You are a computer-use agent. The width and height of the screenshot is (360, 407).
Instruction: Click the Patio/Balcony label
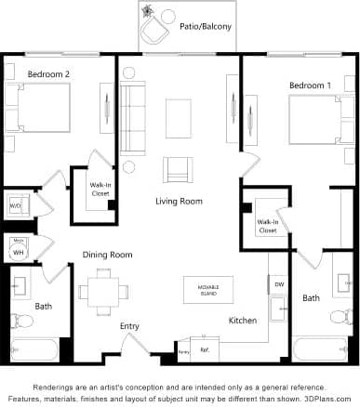[x=205, y=28]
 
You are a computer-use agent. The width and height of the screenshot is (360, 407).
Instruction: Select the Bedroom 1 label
[x=310, y=85]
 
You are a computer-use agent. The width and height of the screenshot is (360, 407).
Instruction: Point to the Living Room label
[x=179, y=201]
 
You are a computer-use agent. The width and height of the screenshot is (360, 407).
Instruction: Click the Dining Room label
[x=108, y=255]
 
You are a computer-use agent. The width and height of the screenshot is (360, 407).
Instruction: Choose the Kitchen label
[x=243, y=321]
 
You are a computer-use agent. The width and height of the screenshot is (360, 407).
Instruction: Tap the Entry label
[x=129, y=326]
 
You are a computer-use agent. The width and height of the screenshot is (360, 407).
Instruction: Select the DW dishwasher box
[x=279, y=283]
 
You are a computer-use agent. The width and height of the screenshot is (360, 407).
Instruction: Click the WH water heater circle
[x=18, y=250]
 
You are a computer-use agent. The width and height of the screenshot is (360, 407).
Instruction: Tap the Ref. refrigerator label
[x=205, y=351]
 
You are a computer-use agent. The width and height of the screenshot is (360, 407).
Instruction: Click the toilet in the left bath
[x=24, y=321]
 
